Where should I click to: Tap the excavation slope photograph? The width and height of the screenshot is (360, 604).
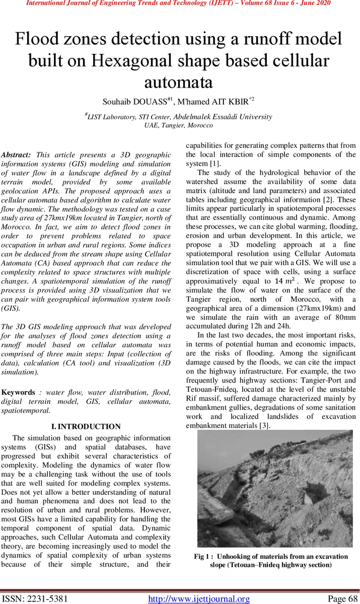coord(274,489)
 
